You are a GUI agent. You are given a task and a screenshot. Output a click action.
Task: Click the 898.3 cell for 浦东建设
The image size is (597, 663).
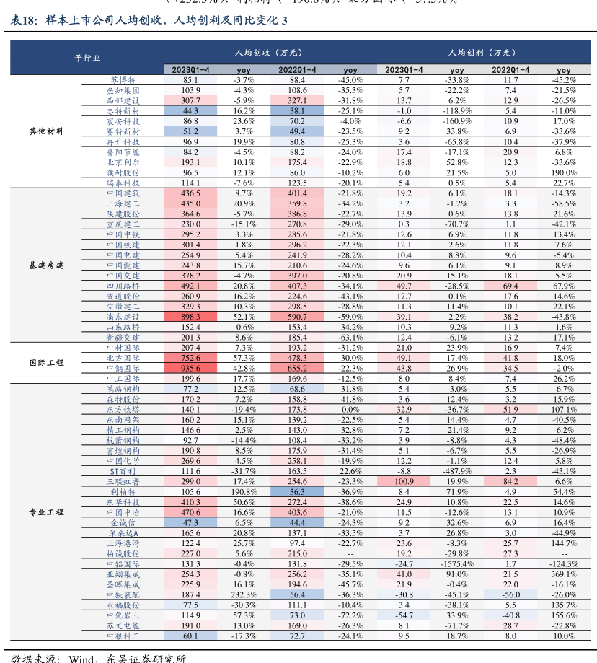point(190,317)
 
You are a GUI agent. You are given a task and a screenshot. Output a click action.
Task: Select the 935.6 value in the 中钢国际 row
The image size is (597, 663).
point(190,368)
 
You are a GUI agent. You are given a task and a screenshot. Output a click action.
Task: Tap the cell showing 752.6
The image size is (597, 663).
point(190,358)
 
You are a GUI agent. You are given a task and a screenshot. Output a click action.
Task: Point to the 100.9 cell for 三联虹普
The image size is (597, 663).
point(404,481)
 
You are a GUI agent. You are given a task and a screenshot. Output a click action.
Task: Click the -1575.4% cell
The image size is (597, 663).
point(457,563)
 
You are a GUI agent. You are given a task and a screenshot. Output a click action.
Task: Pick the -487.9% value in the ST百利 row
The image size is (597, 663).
point(457,471)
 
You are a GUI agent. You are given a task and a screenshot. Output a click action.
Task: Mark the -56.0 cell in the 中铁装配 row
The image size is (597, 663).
point(510,594)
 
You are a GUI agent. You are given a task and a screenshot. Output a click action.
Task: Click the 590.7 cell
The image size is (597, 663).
point(297,317)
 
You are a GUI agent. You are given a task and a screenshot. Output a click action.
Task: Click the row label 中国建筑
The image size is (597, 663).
point(123,193)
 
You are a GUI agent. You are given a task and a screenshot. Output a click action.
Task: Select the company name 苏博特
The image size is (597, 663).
point(123,80)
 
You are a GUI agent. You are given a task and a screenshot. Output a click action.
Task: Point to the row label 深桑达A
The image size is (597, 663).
point(123,532)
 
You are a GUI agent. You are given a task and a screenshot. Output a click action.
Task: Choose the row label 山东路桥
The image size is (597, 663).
point(123,327)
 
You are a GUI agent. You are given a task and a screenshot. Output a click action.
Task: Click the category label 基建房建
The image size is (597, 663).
point(46,265)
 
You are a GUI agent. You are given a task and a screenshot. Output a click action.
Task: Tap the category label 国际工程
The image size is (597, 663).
point(46,363)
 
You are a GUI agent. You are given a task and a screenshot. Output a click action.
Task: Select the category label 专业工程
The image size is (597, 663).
point(46,512)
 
